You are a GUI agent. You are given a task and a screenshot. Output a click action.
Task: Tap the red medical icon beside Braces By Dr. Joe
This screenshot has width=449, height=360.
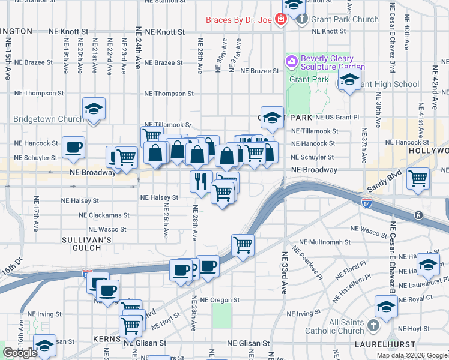(x=280, y=20)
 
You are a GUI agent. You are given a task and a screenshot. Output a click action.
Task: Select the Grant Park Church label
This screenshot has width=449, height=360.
(x=345, y=19)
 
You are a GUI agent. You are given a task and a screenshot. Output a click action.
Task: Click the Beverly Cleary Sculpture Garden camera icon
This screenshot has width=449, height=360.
(x=292, y=61)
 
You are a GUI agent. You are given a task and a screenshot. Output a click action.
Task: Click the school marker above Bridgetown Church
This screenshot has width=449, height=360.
(x=93, y=109)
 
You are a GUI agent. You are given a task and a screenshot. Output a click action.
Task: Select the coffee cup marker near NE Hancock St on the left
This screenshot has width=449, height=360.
(x=73, y=148)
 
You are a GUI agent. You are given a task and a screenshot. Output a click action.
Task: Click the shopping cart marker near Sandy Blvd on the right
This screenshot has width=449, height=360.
(x=418, y=178)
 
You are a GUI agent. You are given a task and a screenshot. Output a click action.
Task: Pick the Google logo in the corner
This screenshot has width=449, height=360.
(x=20, y=353)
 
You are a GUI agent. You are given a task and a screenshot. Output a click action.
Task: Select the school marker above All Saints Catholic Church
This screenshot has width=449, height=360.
(x=386, y=307)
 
